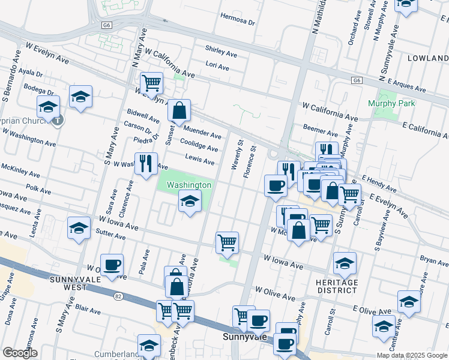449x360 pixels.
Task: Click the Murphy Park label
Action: coord(390,103)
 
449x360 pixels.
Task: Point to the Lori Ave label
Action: coord(217,67)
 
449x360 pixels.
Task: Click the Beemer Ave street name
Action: coord(321,130)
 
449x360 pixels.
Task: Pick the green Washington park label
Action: coord(189,185)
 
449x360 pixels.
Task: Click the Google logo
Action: coord(20,353)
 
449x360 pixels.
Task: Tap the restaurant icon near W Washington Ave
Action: coord(145,163)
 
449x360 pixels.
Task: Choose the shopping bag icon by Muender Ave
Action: coord(179,110)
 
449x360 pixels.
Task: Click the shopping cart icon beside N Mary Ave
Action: coord(151,82)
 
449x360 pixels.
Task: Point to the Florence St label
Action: coord(250,161)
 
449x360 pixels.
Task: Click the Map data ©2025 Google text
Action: coord(412,355)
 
